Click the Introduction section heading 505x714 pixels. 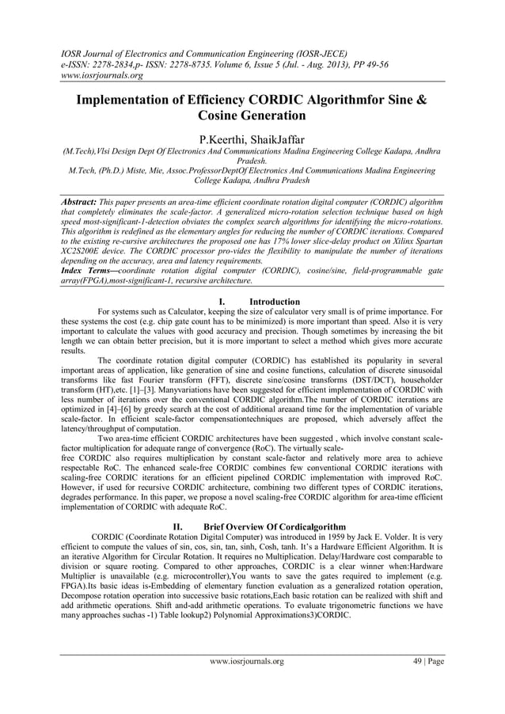[x=274, y=302]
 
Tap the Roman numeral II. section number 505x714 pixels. [x=178, y=526]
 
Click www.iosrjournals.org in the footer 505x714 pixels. [x=246, y=661]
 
